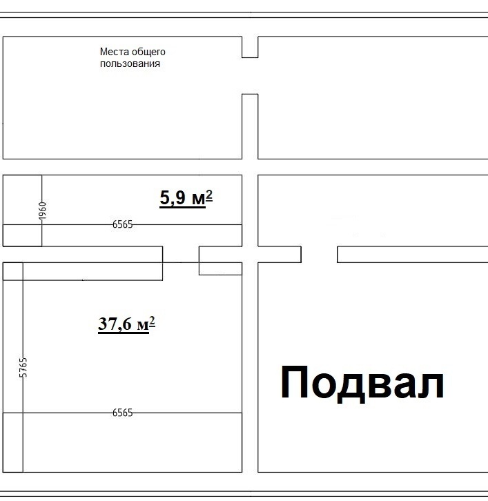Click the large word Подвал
(x=362, y=384)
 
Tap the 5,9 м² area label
(x=186, y=198)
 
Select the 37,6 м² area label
(x=126, y=324)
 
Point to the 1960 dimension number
(x=43, y=211)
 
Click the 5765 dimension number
(x=23, y=367)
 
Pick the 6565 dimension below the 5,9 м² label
(x=122, y=224)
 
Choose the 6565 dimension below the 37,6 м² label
(x=122, y=413)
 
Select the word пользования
(x=130, y=63)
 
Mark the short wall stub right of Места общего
(x=250, y=47)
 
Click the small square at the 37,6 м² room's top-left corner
(x=13, y=271)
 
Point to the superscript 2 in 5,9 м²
(x=209, y=195)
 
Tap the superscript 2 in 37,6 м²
(x=152, y=321)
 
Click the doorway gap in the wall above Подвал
(x=319, y=255)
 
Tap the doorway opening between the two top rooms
(x=250, y=76)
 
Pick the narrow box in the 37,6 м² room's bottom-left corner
(x=13, y=442)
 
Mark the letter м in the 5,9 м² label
(x=199, y=199)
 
